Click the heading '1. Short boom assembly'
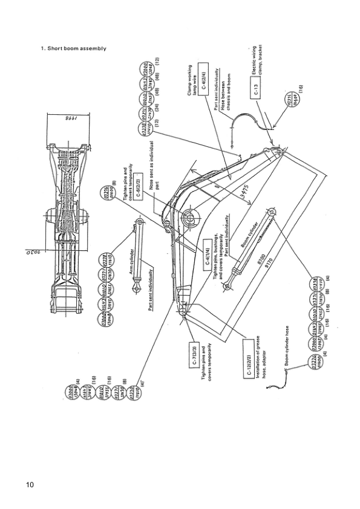[x=73, y=48]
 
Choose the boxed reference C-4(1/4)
[x=207, y=261]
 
